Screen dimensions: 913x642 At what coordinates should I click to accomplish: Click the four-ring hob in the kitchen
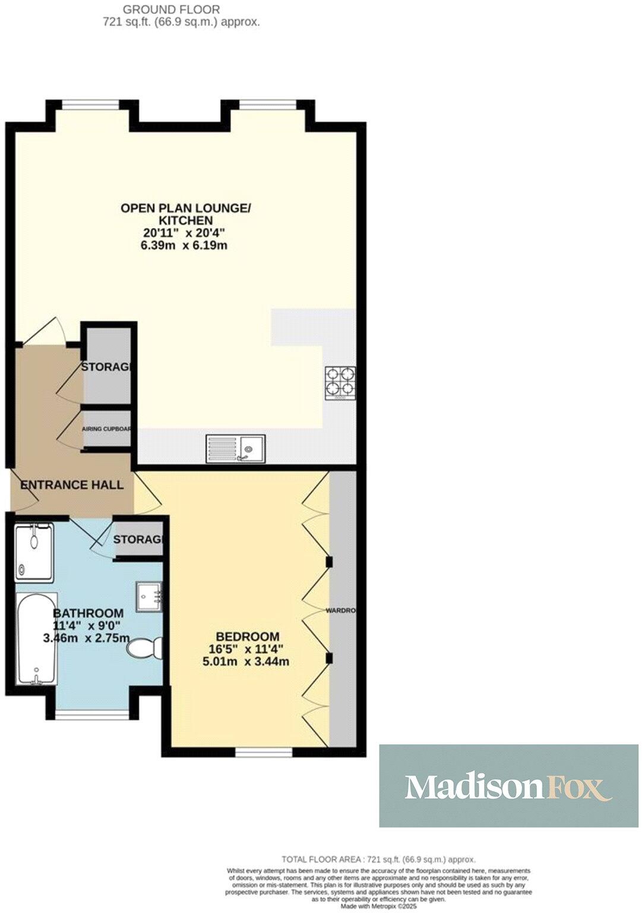(340, 382)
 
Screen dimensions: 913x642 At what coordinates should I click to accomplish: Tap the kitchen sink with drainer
(236, 449)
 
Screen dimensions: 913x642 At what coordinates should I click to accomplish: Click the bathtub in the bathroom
(37, 638)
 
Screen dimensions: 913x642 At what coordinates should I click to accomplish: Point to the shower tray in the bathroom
(34, 553)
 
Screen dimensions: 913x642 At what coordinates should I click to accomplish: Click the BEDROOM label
(247, 635)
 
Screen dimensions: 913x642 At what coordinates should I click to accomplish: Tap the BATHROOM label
(88, 613)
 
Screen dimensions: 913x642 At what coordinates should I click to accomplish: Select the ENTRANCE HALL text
(72, 485)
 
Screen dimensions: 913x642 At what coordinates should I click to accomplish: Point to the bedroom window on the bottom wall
(264, 753)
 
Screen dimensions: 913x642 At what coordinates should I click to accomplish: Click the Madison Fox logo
(508, 786)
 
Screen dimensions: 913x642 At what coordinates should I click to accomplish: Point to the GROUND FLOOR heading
(171, 10)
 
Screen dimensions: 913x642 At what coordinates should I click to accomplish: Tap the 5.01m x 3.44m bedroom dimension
(246, 661)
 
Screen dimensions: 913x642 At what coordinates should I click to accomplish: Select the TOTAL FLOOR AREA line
(378, 860)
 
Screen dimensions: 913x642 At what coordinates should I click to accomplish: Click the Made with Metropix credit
(380, 908)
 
